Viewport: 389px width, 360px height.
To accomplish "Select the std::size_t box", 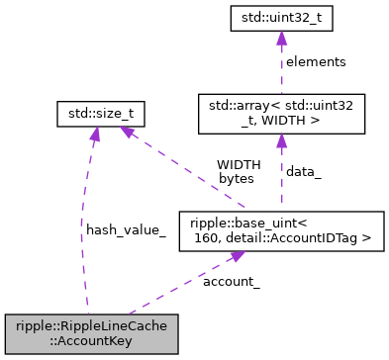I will coord(101,115).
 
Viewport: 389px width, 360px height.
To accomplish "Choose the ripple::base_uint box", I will coord(281,230).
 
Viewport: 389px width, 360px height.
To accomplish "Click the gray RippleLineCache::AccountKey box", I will coord(91,334).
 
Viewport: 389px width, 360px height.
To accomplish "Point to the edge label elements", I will coord(316,61).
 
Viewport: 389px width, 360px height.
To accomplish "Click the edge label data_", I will coord(305,171).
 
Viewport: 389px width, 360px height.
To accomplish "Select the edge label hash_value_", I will coord(126,229).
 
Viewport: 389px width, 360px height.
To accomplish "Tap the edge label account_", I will coord(231,282).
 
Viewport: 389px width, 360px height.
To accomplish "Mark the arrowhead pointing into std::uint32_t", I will coord(281,38).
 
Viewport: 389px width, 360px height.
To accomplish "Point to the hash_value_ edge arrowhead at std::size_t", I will coord(95,136).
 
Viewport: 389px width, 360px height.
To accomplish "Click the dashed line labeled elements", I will coord(281,69).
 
